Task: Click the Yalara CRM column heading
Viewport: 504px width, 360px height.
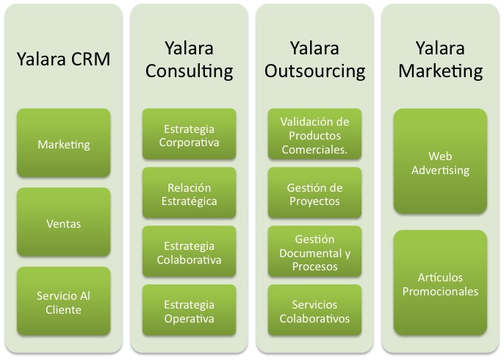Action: pyautogui.click(x=63, y=59)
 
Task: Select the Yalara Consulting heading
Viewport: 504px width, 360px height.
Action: pyautogui.click(x=189, y=60)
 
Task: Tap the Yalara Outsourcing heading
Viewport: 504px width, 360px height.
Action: pyautogui.click(x=314, y=60)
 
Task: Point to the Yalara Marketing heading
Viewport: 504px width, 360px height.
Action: pyautogui.click(x=440, y=60)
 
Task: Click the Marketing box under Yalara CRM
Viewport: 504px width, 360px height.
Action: pyautogui.click(x=64, y=143)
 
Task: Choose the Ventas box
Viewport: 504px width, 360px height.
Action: pyautogui.click(x=64, y=222)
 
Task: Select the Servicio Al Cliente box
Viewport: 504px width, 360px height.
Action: pyautogui.click(x=64, y=301)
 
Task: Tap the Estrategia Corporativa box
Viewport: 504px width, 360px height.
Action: pyautogui.click(x=189, y=134)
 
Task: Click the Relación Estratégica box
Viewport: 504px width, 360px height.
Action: pyautogui.click(x=189, y=192)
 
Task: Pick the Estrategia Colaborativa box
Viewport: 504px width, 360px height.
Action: pyautogui.click(x=189, y=251)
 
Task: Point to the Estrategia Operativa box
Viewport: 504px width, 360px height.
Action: pyautogui.click(x=189, y=310)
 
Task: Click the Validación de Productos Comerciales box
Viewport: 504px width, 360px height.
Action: pyautogui.click(x=314, y=134)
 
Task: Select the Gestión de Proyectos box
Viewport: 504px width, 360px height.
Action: pyautogui.click(x=314, y=192)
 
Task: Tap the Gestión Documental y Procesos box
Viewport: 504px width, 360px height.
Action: pyautogui.click(x=314, y=251)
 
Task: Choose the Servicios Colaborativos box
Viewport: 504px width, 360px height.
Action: pyautogui.click(x=314, y=310)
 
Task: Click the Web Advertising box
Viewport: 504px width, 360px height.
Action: pyautogui.click(x=440, y=162)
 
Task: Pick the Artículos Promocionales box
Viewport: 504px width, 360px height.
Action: pyautogui.click(x=440, y=283)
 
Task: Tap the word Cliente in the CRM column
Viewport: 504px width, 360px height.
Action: pyautogui.click(x=63, y=310)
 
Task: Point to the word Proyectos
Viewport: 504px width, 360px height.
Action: pyautogui.click(x=314, y=201)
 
